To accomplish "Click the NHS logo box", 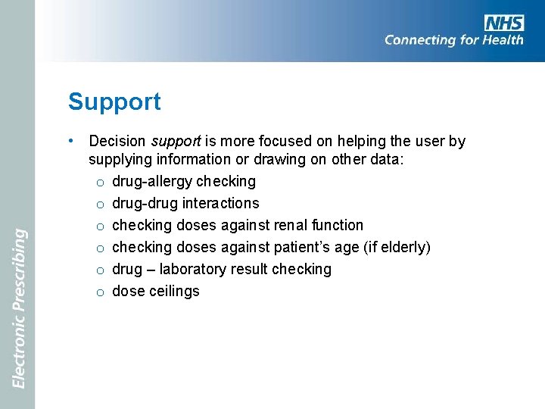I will point(504,22).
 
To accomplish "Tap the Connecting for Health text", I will point(453,40).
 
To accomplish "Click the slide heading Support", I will point(114,101).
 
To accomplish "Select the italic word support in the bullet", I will point(176,142).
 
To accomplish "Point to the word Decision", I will point(118,141).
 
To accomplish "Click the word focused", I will point(281,141).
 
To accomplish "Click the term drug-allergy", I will point(152,182).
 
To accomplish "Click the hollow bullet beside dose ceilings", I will point(101,292).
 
